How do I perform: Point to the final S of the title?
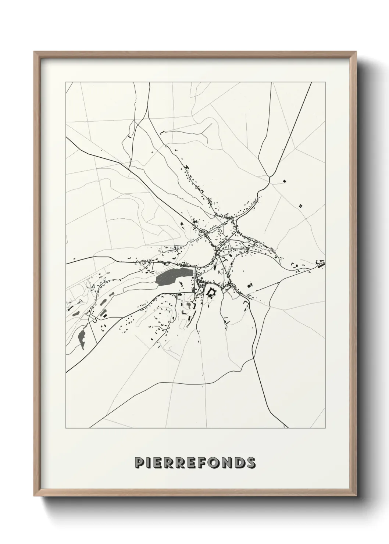250,463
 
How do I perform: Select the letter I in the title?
149,463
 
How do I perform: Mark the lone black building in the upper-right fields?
284,181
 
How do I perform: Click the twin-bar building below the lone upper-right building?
300,206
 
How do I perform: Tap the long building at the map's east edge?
321,263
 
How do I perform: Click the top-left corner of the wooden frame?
35,52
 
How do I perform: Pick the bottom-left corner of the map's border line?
66,428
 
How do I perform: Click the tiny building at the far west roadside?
74,259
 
